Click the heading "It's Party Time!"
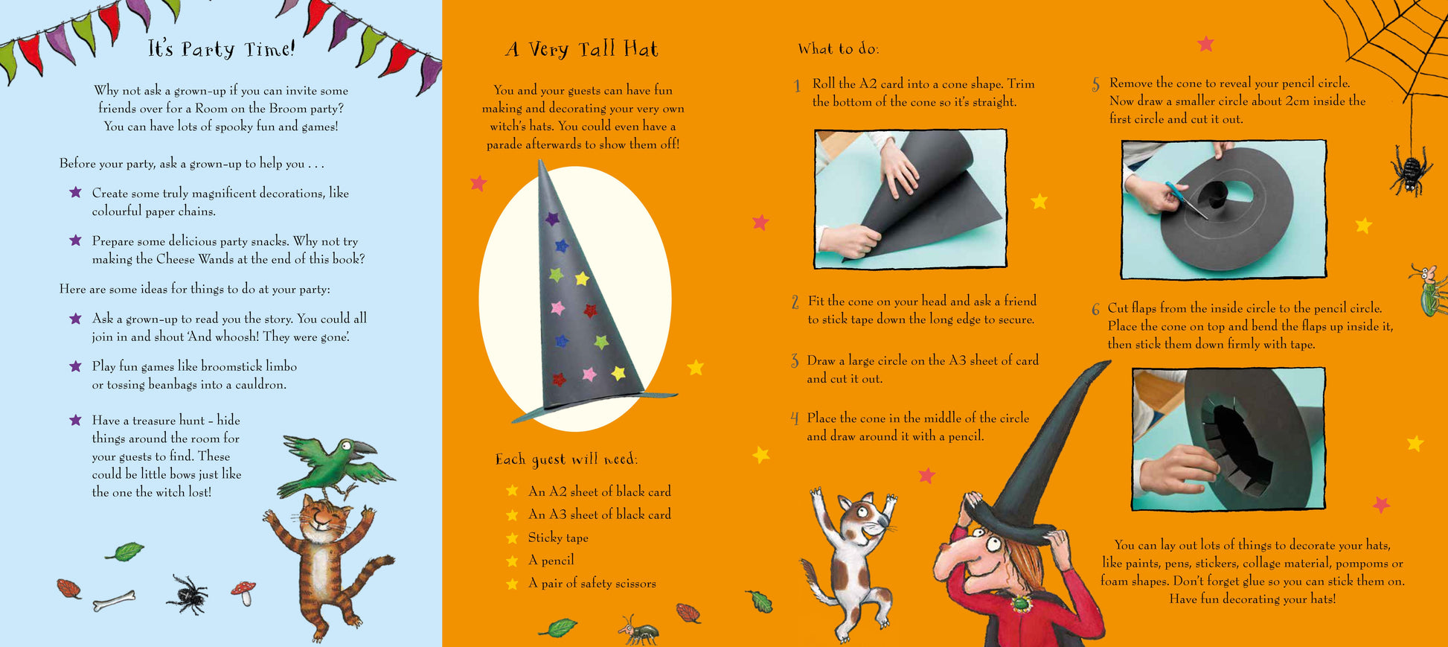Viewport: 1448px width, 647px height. pos(221,49)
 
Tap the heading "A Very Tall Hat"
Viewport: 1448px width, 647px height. pos(582,49)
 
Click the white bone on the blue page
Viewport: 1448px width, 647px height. pos(114,600)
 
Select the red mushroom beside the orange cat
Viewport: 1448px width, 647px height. pos(243,592)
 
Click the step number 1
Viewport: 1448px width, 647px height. pos(797,86)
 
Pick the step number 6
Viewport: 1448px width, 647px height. pos(1095,310)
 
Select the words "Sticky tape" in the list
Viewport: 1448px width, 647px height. pos(558,538)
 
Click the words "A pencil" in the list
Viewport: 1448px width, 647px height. pos(551,561)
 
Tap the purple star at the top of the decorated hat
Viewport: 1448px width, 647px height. pos(551,219)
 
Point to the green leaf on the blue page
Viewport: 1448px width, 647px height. pos(124,552)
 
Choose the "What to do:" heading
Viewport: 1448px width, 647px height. pos(839,49)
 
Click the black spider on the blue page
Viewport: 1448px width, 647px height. pos(186,594)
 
